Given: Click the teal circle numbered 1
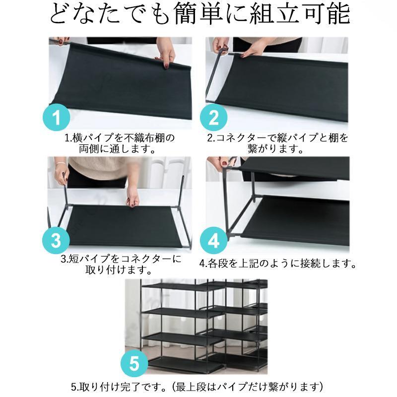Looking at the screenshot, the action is [56, 117].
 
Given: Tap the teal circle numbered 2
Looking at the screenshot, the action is [214, 117].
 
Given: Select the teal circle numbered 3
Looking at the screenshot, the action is [56, 240].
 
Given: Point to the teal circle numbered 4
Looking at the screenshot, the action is [214, 240].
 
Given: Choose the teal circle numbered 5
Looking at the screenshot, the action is [134, 363].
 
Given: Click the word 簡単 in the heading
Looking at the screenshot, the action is [198, 13].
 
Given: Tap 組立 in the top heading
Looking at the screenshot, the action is [273, 13].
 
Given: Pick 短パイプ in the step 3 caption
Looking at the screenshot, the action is [90, 259].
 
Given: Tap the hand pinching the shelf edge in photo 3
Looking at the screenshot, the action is [132, 196].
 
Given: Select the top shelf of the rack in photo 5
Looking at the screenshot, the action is [183, 286].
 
